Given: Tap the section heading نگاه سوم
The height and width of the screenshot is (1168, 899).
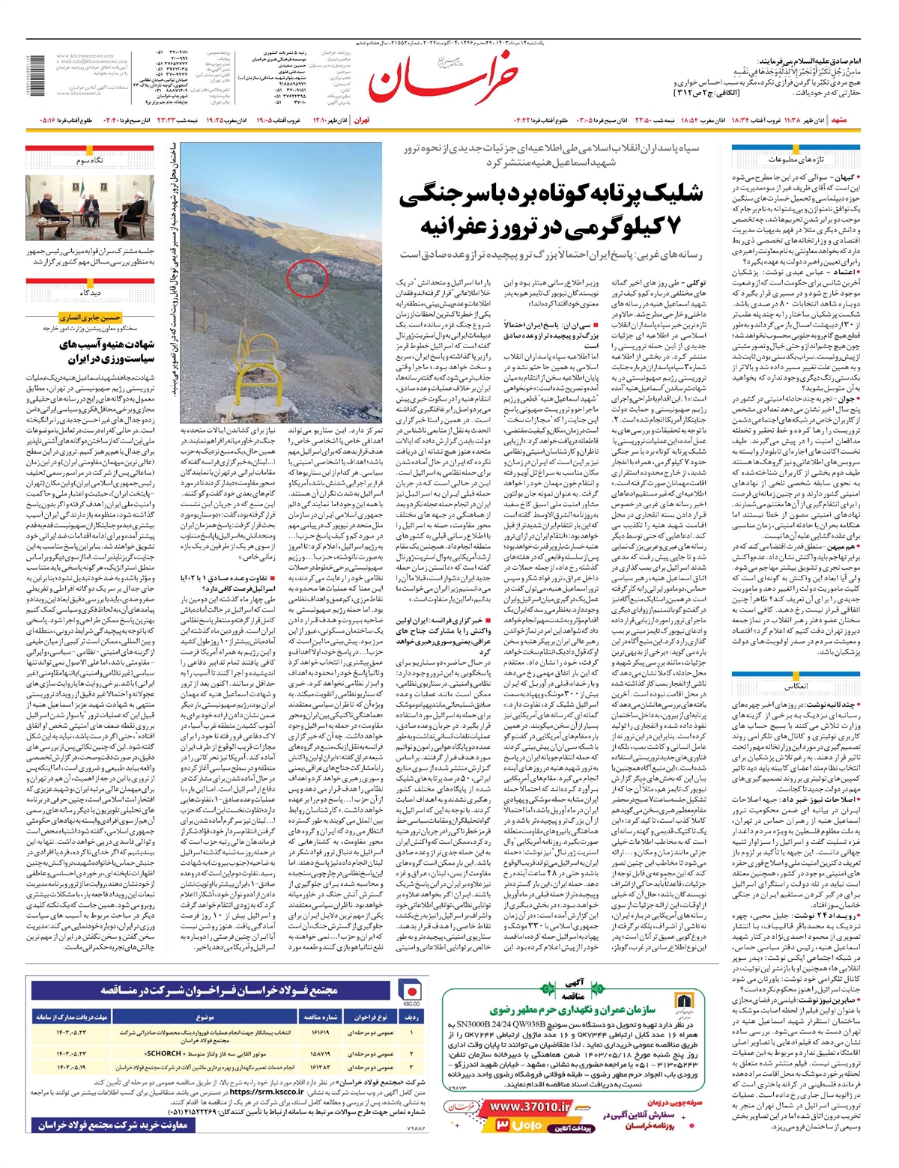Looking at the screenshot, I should click(x=91, y=160).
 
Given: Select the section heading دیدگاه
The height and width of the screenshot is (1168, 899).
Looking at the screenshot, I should click(x=91, y=293).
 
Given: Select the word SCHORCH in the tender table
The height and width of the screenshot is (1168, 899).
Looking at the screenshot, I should click(x=165, y=1053).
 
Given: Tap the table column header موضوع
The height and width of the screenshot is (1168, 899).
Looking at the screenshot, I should click(x=205, y=1018).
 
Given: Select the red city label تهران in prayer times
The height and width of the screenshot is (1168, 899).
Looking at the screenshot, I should click(x=362, y=120).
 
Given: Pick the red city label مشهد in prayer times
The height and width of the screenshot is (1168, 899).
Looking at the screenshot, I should click(x=839, y=120).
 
